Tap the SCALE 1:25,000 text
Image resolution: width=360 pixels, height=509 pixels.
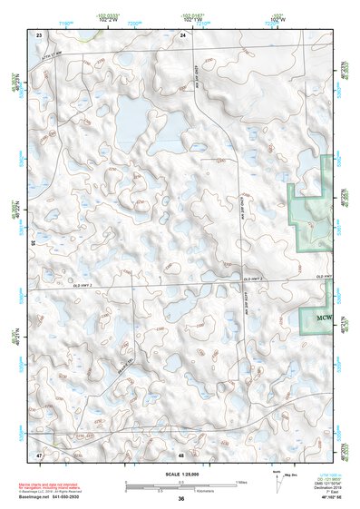(x=181, y=475)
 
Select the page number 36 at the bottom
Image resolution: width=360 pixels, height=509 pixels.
(x=181, y=500)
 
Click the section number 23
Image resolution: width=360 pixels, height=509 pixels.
(x=39, y=34)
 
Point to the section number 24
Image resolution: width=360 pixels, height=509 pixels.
(x=183, y=34)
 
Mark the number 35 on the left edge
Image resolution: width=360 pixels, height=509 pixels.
(x=33, y=243)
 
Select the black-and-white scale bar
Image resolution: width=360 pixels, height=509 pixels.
(x=181, y=485)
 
